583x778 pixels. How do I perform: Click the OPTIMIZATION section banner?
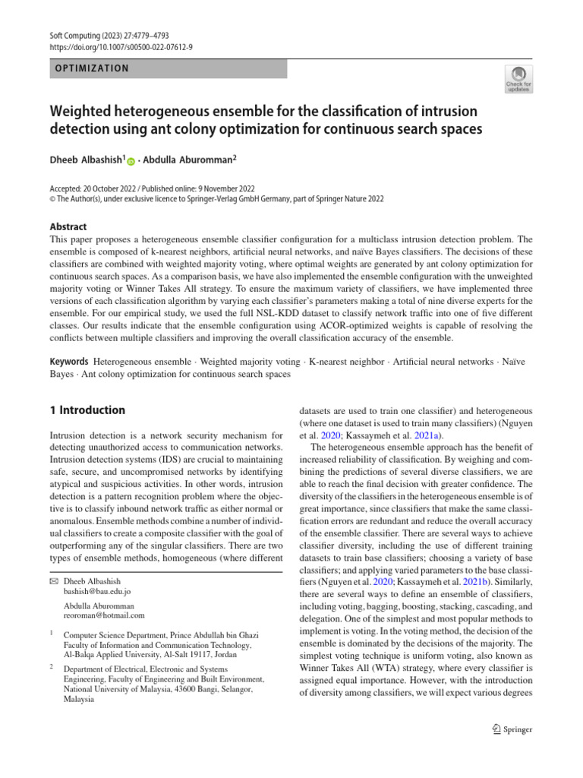[168, 68]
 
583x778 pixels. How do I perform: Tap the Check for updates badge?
[518, 78]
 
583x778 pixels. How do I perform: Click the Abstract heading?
[68, 226]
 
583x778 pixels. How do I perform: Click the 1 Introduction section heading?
[87, 410]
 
